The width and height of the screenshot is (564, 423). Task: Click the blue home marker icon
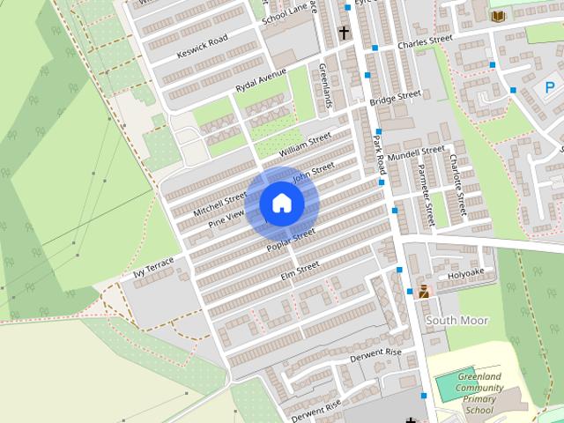coord(281,203)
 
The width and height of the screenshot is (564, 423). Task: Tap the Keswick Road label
coord(202,46)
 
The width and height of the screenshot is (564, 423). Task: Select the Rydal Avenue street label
coord(261,82)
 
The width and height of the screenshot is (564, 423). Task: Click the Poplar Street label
coord(292,240)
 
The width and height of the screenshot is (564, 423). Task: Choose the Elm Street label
coord(300,273)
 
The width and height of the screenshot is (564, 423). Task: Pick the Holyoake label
coord(465,273)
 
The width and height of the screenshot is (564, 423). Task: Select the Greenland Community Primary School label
coord(479,394)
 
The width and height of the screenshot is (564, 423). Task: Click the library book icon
coord(498,16)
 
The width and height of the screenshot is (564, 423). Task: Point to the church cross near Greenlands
coord(344,33)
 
